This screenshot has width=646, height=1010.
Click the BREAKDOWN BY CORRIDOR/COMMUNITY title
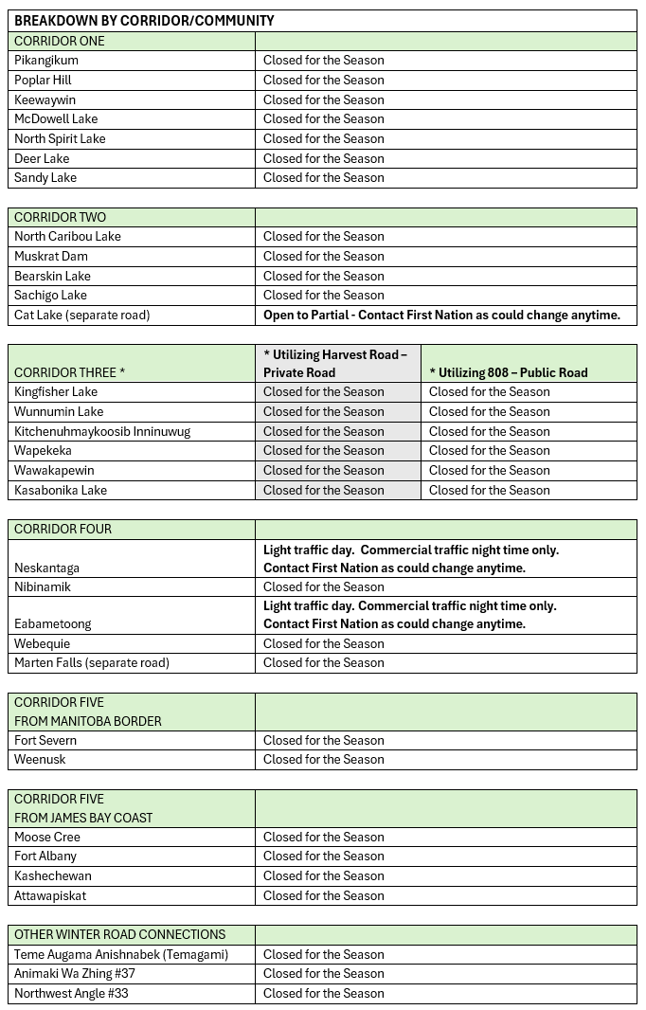click(x=144, y=20)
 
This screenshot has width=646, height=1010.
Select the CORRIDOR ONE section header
click(x=60, y=41)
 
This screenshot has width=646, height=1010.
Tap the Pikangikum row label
click(x=46, y=60)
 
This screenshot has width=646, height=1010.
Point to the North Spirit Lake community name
click(x=60, y=138)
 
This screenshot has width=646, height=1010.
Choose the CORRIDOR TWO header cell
click(x=60, y=217)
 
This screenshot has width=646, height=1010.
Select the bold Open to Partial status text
click(x=441, y=315)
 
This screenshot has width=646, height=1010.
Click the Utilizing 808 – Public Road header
click(x=509, y=372)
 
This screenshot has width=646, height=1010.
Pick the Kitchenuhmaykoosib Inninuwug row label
click(x=102, y=431)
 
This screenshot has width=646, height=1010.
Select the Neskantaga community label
click(x=46, y=568)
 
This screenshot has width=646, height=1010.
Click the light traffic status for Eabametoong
click(x=410, y=614)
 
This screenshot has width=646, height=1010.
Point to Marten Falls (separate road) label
click(x=92, y=662)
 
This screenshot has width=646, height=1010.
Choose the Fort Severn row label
click(x=45, y=740)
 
